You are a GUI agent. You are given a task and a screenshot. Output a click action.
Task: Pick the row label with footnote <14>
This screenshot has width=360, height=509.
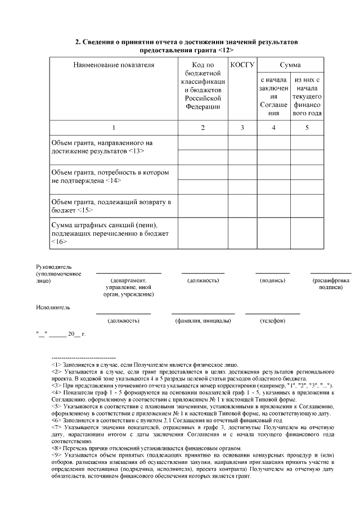pos(110,176)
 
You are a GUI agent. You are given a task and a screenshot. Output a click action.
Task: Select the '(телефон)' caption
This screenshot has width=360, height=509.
pos(272,321)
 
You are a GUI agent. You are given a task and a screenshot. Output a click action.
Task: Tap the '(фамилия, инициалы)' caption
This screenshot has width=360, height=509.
pos(203,321)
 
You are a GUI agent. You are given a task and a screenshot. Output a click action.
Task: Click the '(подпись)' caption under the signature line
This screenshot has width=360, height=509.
pos(272,280)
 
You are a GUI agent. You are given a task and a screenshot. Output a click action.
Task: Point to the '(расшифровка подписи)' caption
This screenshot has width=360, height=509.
pos(330,283)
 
